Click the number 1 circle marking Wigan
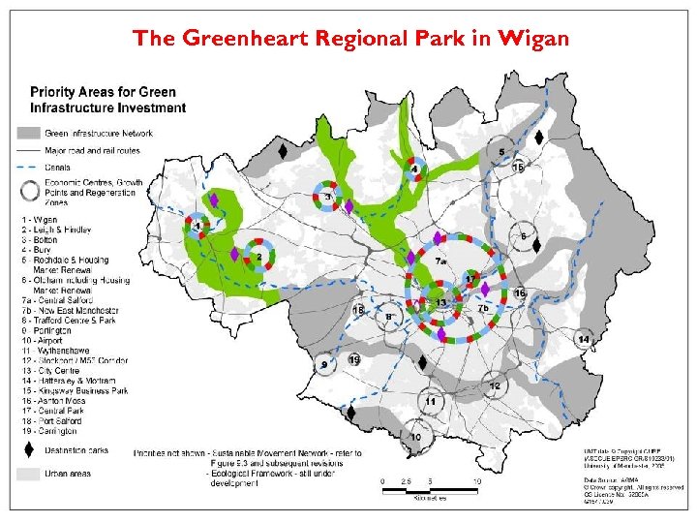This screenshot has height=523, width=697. click(x=197, y=227)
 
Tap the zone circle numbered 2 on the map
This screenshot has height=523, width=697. click(x=259, y=257)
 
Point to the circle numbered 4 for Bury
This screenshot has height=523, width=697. click(x=415, y=169)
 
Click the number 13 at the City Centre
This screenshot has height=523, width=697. click(x=441, y=303)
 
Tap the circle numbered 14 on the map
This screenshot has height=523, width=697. click(x=584, y=339)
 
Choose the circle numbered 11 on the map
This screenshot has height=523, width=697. click(x=431, y=401)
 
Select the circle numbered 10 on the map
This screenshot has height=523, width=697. click(x=416, y=438)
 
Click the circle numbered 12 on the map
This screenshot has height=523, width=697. click(x=495, y=385)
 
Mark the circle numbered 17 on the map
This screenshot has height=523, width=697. click(x=471, y=280)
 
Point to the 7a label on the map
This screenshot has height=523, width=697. click(x=440, y=261)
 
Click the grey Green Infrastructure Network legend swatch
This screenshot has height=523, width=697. click(x=28, y=133)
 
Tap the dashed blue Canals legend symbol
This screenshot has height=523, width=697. click(x=28, y=167)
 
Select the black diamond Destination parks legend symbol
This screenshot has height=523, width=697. click(x=28, y=450)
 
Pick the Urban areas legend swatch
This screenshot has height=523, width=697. click(x=28, y=475)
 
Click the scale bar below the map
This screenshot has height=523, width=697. click(x=429, y=489)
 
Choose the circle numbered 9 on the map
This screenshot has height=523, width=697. click(x=324, y=364)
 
